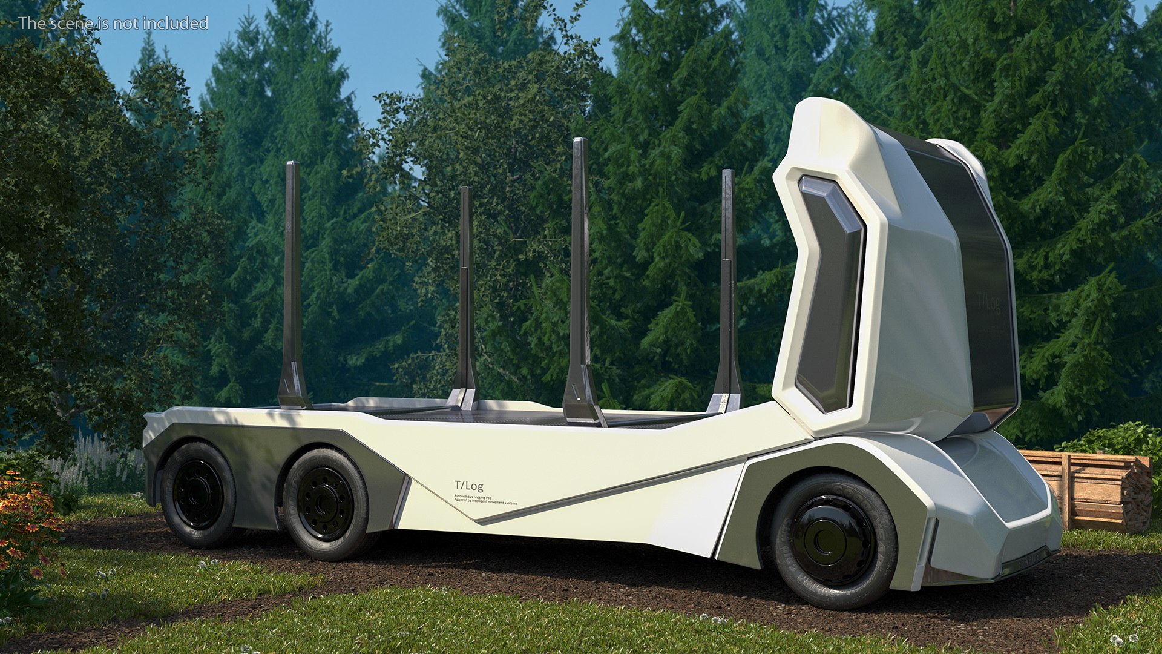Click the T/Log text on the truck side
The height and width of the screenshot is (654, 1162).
469,486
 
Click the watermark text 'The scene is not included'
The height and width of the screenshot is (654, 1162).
113,23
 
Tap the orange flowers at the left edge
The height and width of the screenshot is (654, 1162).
24,515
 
